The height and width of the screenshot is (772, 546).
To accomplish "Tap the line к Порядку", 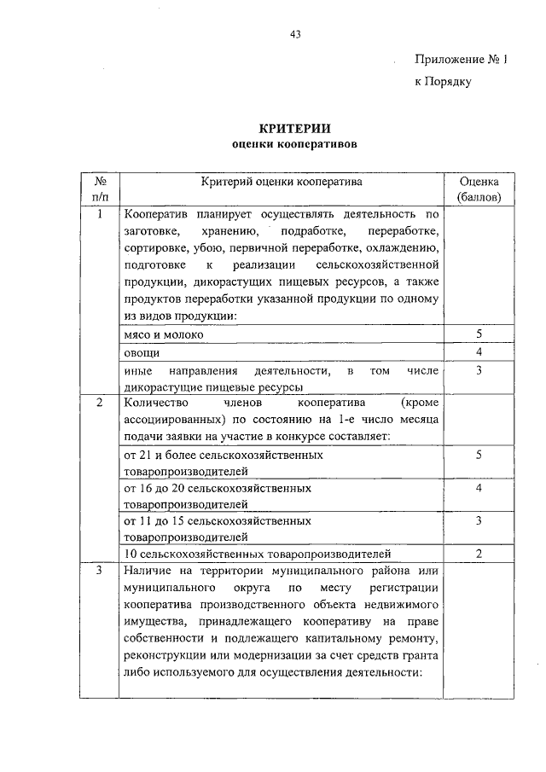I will pyautogui.click(x=443, y=82).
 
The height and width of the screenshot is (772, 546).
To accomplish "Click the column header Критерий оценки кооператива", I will pyautogui.click(x=282, y=182).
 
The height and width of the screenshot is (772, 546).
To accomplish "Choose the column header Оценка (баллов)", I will pyautogui.click(x=479, y=189).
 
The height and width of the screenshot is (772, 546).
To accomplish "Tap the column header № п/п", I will pyautogui.click(x=100, y=189).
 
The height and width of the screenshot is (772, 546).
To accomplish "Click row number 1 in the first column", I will pyautogui.click(x=100, y=214).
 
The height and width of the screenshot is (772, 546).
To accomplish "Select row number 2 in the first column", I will pyautogui.click(x=100, y=402).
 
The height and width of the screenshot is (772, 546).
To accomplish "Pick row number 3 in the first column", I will pyautogui.click(x=100, y=571).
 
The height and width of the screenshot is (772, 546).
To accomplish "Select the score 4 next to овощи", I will pyautogui.click(x=479, y=352).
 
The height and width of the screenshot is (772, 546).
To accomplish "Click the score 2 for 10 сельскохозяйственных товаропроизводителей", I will pyautogui.click(x=479, y=554).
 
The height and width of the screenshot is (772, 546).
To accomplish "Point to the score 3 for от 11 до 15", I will pyautogui.click(x=479, y=520).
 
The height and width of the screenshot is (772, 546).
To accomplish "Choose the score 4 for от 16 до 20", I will pyautogui.click(x=479, y=489).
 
